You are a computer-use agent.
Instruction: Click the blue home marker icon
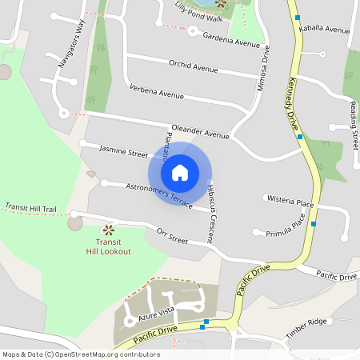180,173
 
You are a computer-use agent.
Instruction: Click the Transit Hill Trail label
30,208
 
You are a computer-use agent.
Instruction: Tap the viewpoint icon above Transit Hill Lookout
108,230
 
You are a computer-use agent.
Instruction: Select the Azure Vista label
155,313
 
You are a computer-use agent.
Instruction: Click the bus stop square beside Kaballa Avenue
298,17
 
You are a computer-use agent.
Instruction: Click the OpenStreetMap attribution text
81,354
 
